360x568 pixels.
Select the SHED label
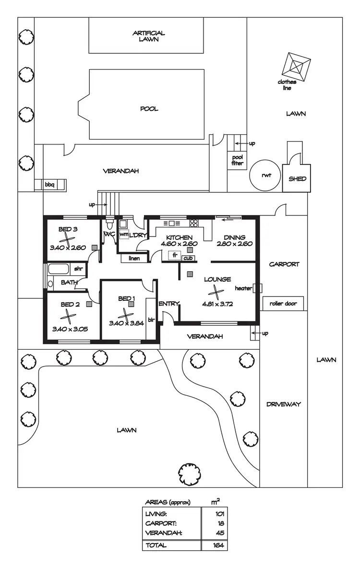point(297,178)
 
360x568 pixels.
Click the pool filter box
point(238,160)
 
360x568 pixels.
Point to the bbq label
point(49,184)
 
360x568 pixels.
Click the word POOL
point(149,109)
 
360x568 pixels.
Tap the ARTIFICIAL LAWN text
point(149,36)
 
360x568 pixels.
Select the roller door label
point(283,303)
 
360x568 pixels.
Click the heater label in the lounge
point(243,288)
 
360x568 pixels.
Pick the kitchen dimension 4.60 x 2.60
point(179,244)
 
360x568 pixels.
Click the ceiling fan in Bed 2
point(69,317)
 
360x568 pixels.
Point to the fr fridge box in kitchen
point(175,256)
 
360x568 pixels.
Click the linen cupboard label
point(133,259)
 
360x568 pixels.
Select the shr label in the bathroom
point(78,269)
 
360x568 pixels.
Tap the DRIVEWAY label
point(283,404)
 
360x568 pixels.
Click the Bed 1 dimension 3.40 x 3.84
point(126,323)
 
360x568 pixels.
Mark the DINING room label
point(234,237)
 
